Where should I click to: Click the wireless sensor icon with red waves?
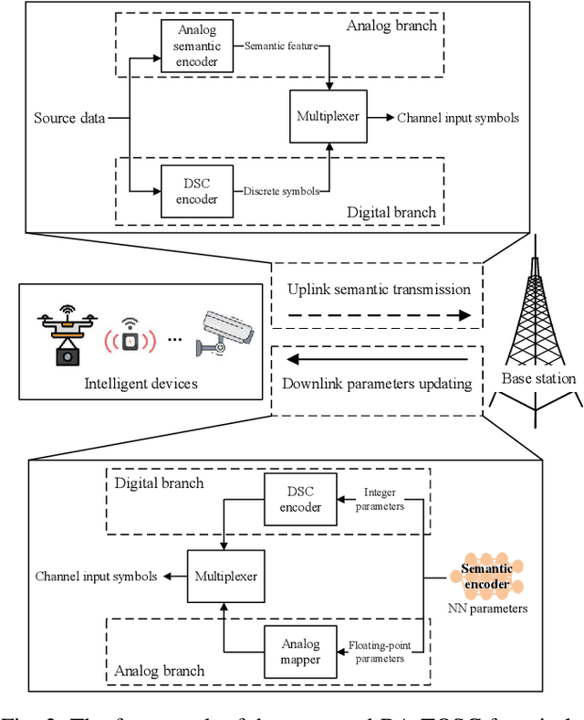(130, 339)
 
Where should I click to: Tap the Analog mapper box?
(291, 650)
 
